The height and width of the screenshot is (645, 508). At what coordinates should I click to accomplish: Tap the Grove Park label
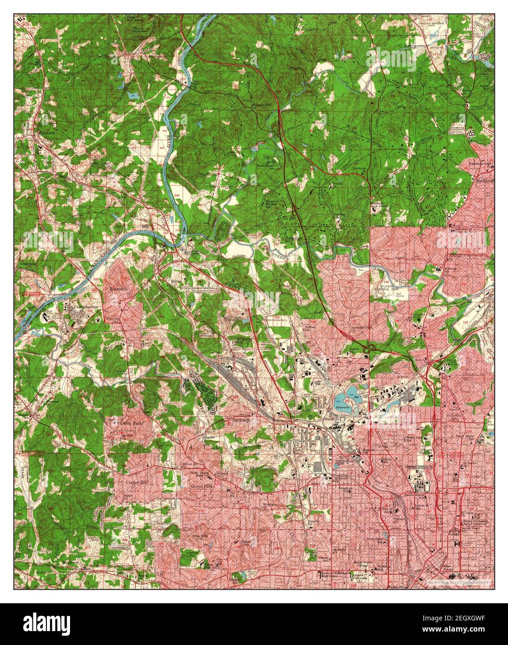click(x=201, y=486)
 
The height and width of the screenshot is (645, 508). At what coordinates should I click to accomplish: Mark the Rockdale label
click(x=241, y=421)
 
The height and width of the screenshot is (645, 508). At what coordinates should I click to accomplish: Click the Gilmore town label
click(x=46, y=133)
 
